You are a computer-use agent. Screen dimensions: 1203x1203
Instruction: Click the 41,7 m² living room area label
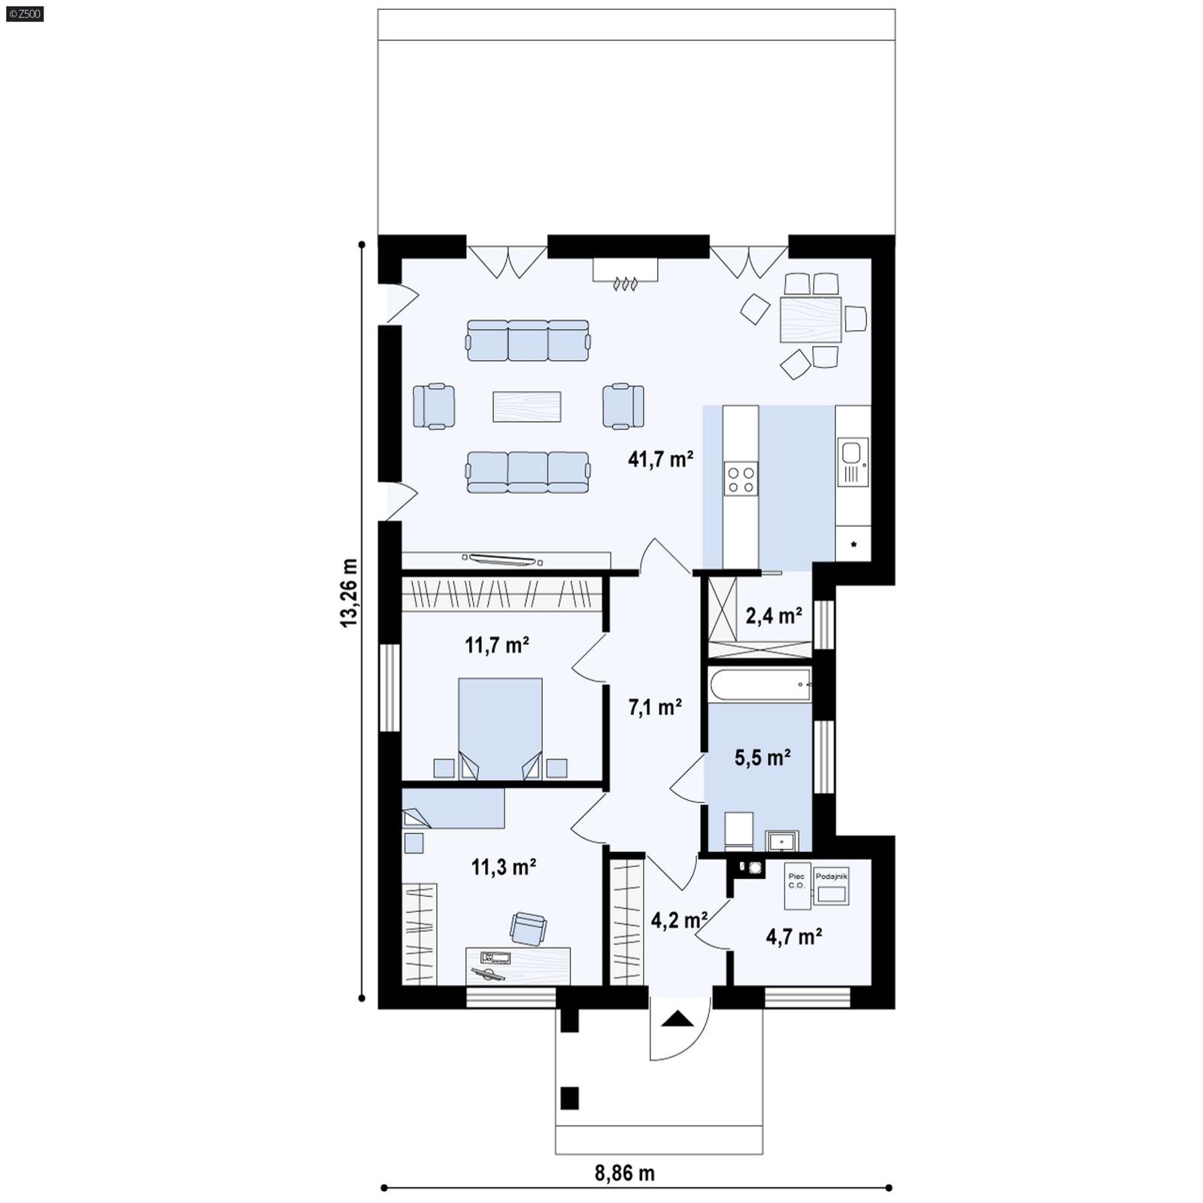pos(660,459)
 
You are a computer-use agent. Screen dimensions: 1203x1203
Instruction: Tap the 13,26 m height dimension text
pos(348,592)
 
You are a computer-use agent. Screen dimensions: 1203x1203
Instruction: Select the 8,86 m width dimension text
pos(625,1173)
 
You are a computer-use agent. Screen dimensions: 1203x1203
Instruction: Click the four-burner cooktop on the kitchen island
pos(740,479)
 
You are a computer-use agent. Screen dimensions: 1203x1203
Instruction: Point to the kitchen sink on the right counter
pos(851,453)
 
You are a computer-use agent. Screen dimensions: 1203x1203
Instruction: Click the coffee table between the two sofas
pos(526,407)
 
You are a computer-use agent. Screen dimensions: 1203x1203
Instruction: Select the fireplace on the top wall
pos(626,272)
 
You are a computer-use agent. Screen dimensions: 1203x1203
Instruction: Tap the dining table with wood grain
pos(811,320)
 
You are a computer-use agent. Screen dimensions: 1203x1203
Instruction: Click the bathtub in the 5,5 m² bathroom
pos(759,684)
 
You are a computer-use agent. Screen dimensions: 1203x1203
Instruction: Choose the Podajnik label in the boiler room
pos(831,877)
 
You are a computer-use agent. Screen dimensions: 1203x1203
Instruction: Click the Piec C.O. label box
pos(796,880)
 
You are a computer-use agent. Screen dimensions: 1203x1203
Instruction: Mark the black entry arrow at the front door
pos(679,1020)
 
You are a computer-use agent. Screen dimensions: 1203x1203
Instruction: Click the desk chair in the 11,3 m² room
pos(528,928)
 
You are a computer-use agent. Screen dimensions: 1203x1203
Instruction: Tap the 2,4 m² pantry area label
pos(774,617)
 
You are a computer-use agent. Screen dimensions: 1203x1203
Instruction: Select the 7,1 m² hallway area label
pos(655,707)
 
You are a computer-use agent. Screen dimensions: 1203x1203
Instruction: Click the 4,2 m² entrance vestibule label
pos(678,920)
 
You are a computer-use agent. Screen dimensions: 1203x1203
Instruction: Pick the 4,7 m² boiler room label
pos(793,937)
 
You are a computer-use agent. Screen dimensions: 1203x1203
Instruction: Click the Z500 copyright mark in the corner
pos(23,14)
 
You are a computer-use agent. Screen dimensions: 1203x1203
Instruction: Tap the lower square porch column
pos(570,1098)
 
